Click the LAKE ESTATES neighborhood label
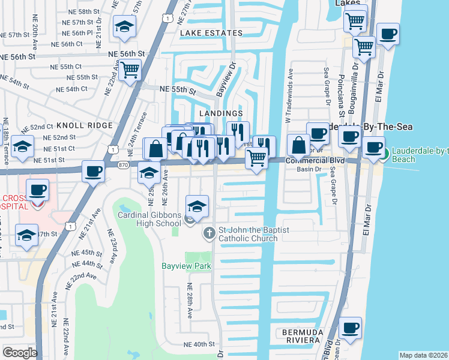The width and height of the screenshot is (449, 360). point(209,33)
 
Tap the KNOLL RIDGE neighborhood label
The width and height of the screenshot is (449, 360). point(85,125)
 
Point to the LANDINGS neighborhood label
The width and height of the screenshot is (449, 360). point(221,113)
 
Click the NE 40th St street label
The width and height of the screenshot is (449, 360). point(199,344)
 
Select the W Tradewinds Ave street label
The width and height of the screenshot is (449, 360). point(288,95)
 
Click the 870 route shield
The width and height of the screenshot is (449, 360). point(122,164)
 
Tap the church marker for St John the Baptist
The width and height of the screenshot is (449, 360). point(209,233)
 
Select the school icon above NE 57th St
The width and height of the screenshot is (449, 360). point(125,28)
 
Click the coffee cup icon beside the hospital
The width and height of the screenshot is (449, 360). point(38,191)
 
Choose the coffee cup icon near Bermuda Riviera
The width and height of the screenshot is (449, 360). point(351,328)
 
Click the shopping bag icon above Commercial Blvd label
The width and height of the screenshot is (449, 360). point(298,145)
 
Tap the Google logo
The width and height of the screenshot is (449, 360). point(19,353)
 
